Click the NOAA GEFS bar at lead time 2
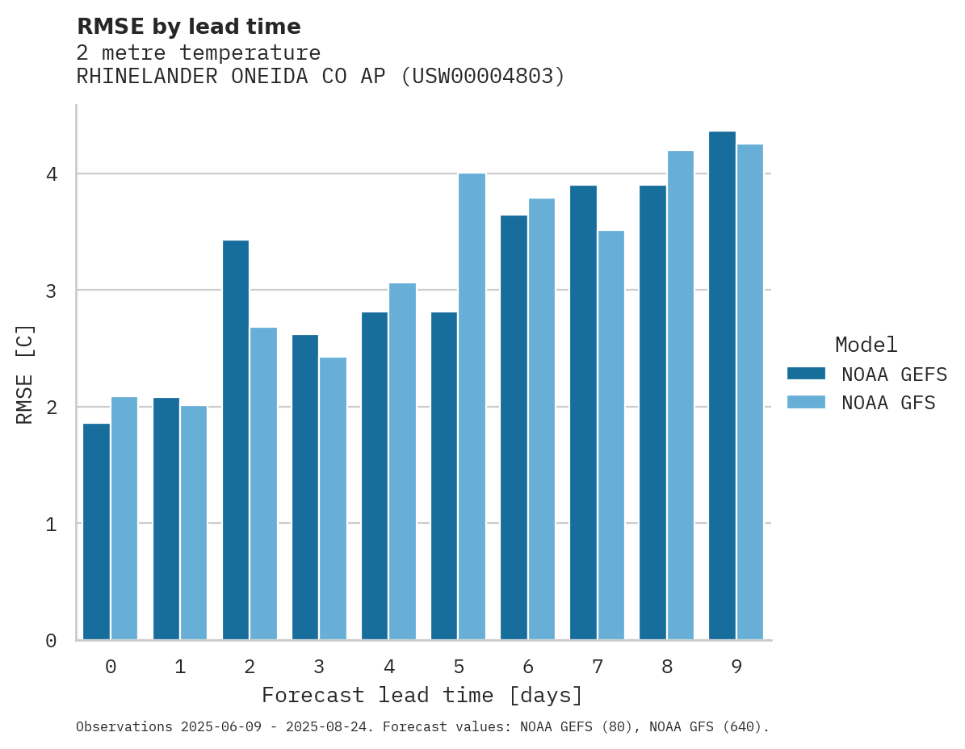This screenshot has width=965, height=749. pyautogui.click(x=236, y=440)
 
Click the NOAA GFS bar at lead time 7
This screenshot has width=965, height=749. pyautogui.click(x=610, y=435)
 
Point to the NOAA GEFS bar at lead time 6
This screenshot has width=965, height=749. pyautogui.click(x=514, y=427)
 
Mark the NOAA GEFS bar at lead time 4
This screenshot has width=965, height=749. pyautogui.click(x=375, y=475)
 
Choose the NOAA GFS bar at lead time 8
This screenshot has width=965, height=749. pyautogui.click(x=680, y=395)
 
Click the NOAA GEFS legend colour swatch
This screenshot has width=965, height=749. pyautogui.click(x=806, y=374)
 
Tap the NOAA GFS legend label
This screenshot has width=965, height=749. pyautogui.click(x=888, y=403)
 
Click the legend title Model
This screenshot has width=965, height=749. pyautogui.click(x=866, y=345)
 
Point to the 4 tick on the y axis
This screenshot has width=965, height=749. pyautogui.click(x=50, y=174)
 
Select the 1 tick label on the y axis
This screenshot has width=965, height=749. pyautogui.click(x=50, y=524)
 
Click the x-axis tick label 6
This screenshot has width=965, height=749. pyautogui.click(x=528, y=667)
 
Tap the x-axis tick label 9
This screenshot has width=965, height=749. pyautogui.click(x=736, y=667)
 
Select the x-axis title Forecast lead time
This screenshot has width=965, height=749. pyautogui.click(x=422, y=695)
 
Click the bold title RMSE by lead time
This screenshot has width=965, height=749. pyautogui.click(x=188, y=27)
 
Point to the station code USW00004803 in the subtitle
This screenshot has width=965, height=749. pyautogui.click(x=482, y=77)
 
